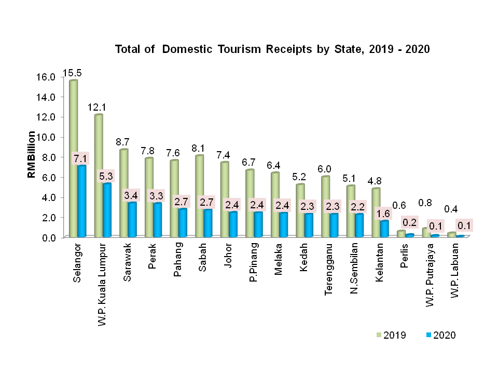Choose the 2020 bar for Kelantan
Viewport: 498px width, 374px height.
click(384, 229)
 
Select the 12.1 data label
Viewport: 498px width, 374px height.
click(98, 108)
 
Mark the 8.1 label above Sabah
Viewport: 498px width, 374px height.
click(198, 148)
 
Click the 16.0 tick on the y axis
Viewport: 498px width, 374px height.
click(46, 77)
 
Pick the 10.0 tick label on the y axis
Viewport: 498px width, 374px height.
click(46, 137)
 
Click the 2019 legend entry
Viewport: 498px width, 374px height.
click(391, 335)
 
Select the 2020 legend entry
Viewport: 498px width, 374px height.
click(439, 335)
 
